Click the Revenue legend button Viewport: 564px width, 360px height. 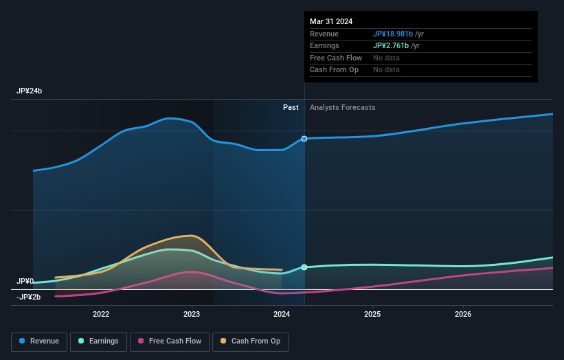click(x=39, y=341)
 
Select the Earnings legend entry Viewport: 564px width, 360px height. click(x=98, y=341)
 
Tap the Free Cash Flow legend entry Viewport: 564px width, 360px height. click(x=170, y=341)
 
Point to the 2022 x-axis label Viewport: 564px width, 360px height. click(x=101, y=315)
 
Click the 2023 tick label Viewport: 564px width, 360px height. click(x=192, y=315)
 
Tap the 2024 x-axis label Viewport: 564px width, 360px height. click(x=282, y=315)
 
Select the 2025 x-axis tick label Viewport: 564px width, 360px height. click(x=372, y=315)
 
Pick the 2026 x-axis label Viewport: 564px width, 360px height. click(x=463, y=315)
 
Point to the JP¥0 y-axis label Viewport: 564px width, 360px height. click(x=25, y=282)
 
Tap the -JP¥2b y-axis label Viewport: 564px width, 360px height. click(x=29, y=297)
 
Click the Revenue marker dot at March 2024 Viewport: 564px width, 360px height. click(x=304, y=139)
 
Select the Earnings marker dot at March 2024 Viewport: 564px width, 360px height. click(x=304, y=267)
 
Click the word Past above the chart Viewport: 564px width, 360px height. click(x=291, y=107)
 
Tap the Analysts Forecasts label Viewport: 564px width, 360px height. click(x=343, y=107)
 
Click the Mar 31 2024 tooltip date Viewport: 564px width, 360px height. click(x=331, y=21)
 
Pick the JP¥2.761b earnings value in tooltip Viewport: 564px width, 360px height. click(x=391, y=45)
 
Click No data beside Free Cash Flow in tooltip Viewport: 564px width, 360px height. click(x=386, y=58)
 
